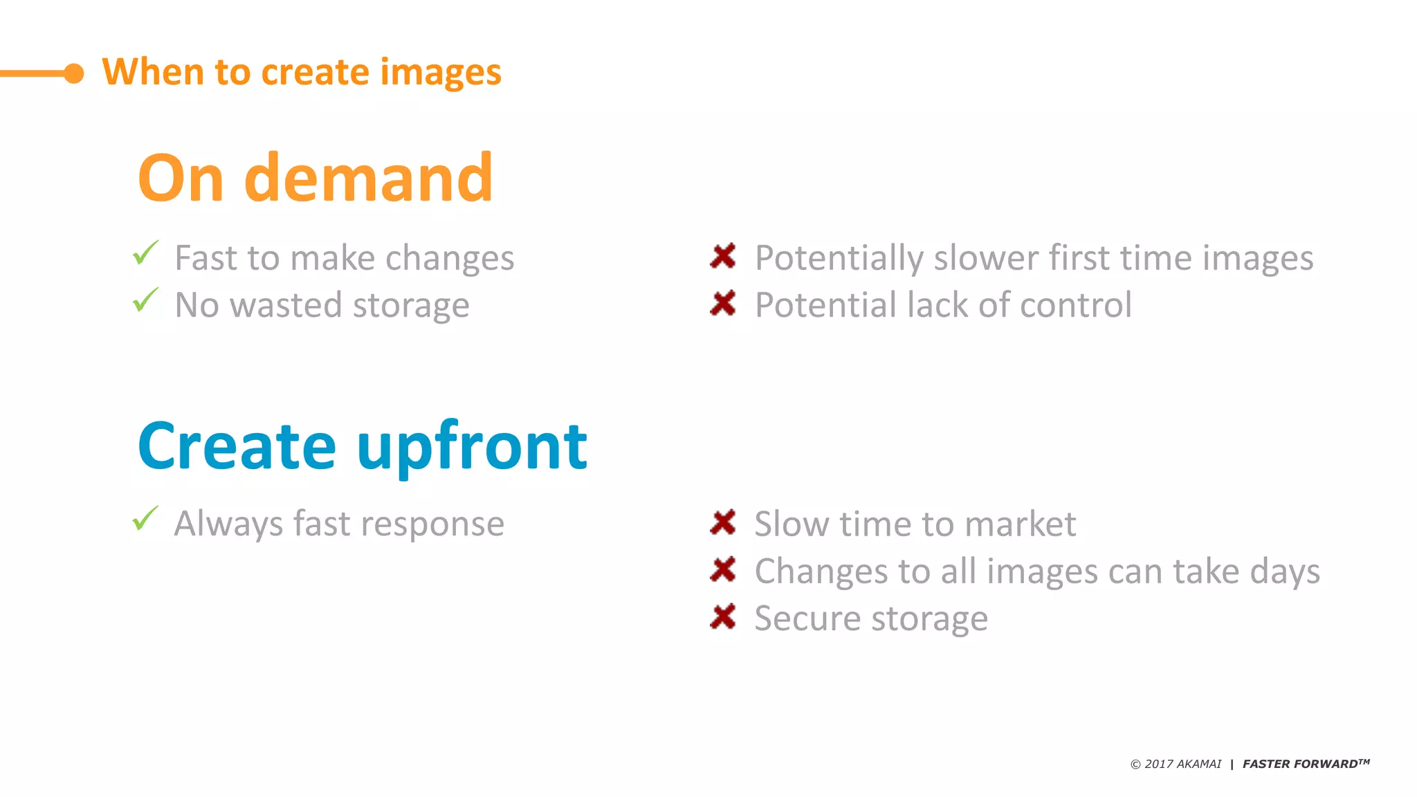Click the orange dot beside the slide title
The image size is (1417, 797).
(x=73, y=73)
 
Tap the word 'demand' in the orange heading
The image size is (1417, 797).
(x=369, y=178)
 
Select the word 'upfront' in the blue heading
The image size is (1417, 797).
(x=472, y=447)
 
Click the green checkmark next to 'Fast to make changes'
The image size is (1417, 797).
(x=146, y=253)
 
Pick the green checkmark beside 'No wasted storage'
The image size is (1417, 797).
(x=146, y=300)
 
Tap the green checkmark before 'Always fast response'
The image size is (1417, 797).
(x=146, y=519)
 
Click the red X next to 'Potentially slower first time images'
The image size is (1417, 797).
(x=723, y=256)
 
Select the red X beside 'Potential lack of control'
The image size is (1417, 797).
(x=723, y=303)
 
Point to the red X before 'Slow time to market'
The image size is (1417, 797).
(x=723, y=522)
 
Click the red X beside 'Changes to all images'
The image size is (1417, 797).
(x=723, y=569)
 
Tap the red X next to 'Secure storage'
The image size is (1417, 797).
(x=723, y=616)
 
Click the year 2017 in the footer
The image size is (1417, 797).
(x=1159, y=764)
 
